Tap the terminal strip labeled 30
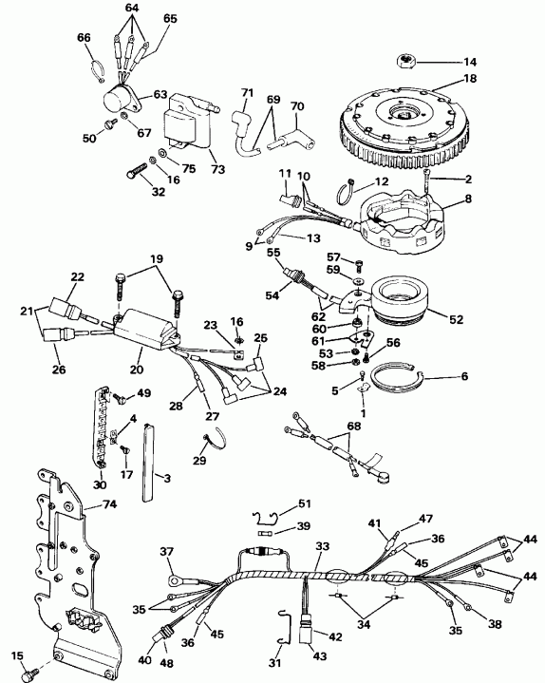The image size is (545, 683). [x=102, y=427]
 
